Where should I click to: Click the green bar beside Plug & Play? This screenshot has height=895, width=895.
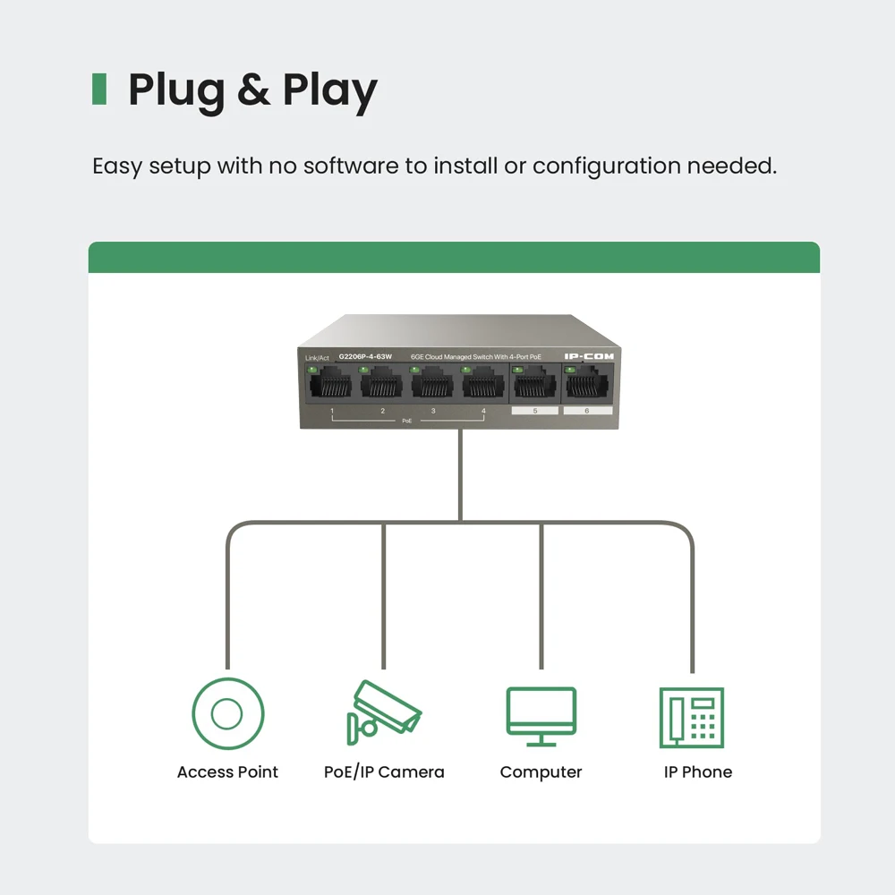[x=99, y=89]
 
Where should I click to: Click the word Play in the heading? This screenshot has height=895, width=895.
[x=330, y=90]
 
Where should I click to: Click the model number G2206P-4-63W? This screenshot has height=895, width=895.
[x=365, y=357]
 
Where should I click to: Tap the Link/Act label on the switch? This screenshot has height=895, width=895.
[x=317, y=358]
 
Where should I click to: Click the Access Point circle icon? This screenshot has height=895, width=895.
[x=227, y=713]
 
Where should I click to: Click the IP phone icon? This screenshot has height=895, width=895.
[x=691, y=717]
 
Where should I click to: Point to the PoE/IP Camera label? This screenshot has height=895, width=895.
[x=384, y=772]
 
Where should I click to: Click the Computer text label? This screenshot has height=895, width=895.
[x=541, y=772]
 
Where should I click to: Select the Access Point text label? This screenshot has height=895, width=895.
[x=227, y=772]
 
